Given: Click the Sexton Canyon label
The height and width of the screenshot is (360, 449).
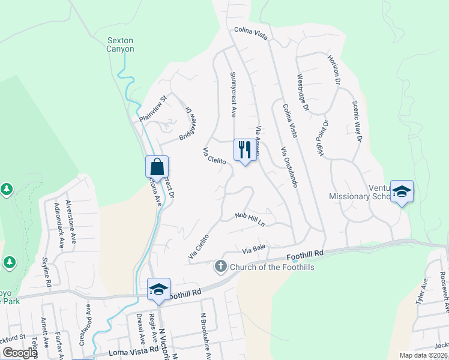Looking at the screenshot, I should pyautogui.click(x=120, y=45).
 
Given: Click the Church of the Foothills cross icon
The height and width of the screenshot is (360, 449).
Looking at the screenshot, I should pyautogui.click(x=220, y=265).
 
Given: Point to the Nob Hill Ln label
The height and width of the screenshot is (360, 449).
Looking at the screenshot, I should pyautogui.click(x=250, y=219).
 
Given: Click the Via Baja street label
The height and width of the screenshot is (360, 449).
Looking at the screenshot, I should pyautogui.click(x=254, y=250).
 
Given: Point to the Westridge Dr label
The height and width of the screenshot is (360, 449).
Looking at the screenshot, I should pyautogui.click(x=303, y=92).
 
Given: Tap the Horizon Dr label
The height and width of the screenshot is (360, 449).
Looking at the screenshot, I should pyautogui.click(x=334, y=69).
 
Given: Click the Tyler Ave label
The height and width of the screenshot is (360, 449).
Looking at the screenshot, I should pyautogui.click(x=421, y=291).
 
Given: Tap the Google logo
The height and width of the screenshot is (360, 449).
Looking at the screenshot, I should pyautogui.click(x=19, y=353).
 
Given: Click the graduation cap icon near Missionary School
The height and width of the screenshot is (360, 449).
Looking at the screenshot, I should pyautogui.click(x=402, y=191).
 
